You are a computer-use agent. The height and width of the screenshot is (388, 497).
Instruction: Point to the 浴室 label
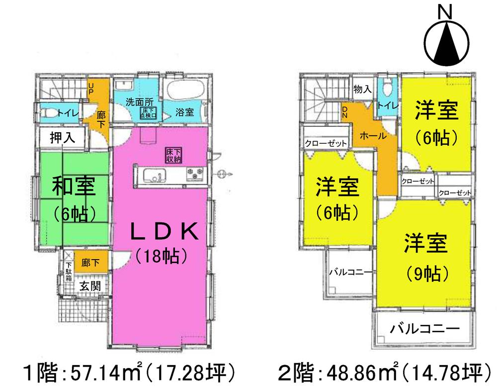[185, 113]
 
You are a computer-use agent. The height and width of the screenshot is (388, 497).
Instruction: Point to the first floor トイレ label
[67, 113]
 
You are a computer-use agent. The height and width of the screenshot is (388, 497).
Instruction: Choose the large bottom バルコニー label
[424, 329]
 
